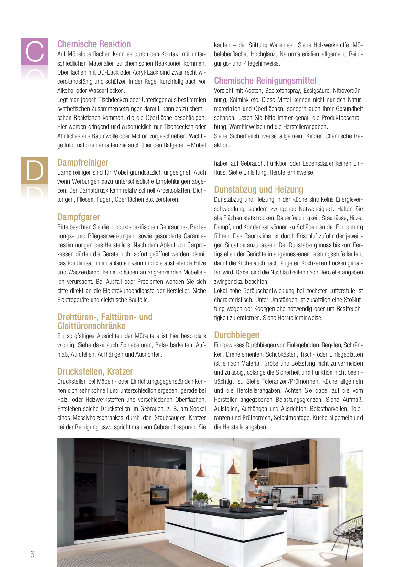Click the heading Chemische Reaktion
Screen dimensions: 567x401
pos(94,44)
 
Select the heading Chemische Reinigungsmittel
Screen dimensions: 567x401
pos(265,80)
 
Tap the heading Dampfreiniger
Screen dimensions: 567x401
pos(82,162)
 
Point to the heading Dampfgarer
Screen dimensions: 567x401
pos(78,217)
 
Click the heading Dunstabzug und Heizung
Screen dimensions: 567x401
pos(258,189)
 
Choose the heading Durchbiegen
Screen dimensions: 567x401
pos(237,335)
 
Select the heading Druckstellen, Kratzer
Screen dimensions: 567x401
pos(95,371)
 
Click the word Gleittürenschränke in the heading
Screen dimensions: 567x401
pos(91,326)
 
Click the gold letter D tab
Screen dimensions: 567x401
pos(35,170)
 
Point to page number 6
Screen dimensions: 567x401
pos(32,554)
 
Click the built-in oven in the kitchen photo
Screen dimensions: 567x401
pos(159,495)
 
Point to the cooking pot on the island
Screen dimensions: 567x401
pos(224,503)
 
